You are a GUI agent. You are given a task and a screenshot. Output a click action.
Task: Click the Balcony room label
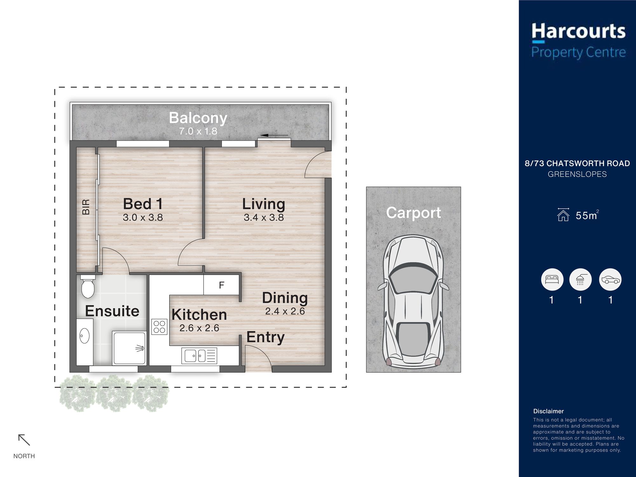198,118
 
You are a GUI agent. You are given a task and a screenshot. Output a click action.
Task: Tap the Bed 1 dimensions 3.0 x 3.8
143,218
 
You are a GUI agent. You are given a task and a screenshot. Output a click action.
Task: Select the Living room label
264,204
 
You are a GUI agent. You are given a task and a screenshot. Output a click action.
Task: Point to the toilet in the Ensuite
88,287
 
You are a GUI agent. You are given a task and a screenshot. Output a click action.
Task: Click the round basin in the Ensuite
84,336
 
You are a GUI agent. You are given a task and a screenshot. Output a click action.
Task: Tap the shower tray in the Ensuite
129,348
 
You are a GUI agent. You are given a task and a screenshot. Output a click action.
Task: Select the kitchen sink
194,356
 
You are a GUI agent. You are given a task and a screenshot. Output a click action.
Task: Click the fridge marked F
221,285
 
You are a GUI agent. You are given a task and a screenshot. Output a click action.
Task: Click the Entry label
266,337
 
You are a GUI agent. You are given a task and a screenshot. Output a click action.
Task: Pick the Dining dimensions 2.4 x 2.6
285,311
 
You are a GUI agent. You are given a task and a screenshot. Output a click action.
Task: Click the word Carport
413,213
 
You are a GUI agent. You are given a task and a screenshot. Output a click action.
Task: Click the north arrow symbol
24,440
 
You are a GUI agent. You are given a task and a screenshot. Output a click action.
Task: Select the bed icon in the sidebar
552,280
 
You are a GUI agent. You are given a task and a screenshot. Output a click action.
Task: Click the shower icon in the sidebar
580,280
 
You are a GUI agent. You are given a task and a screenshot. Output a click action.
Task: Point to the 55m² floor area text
587,215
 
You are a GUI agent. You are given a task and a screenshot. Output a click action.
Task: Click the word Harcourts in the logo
578,31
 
